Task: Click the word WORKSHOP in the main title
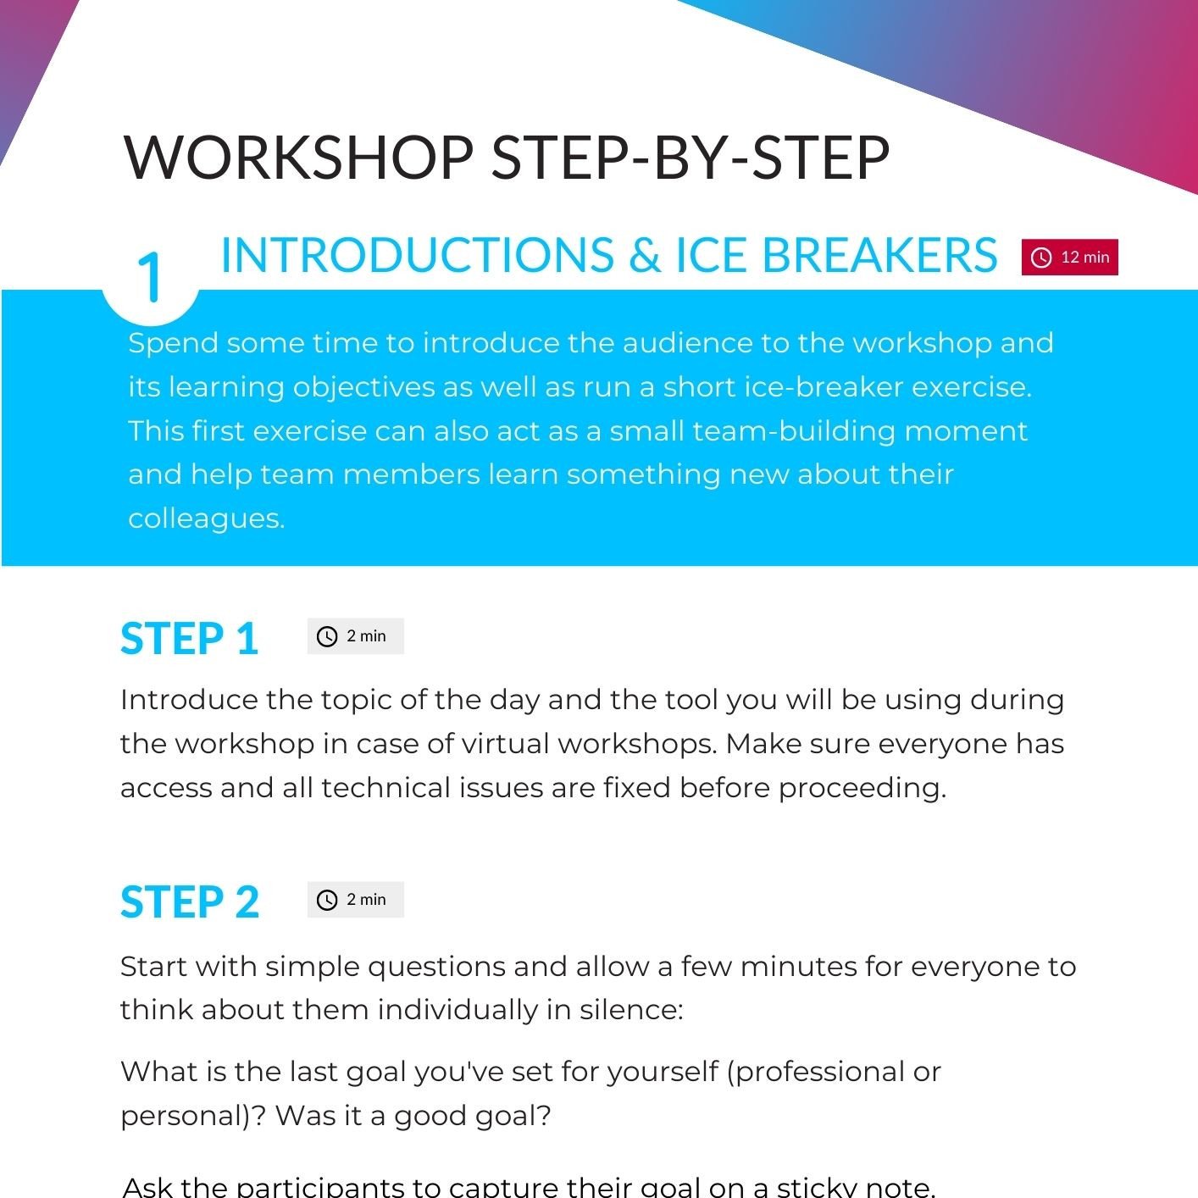pyautogui.click(x=299, y=158)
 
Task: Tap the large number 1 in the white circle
pyautogui.click(x=151, y=277)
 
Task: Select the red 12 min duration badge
pyautogui.click(x=1069, y=257)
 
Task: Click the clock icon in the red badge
pyautogui.click(x=1041, y=258)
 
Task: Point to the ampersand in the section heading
pyautogui.click(x=645, y=255)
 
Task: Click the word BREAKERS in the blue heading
pyautogui.click(x=879, y=255)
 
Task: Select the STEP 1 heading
pyautogui.click(x=189, y=639)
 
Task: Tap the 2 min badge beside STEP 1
pyautogui.click(x=356, y=636)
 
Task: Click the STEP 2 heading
pyautogui.click(x=190, y=902)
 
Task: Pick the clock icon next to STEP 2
pyautogui.click(x=327, y=901)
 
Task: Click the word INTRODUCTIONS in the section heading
pyautogui.click(x=418, y=255)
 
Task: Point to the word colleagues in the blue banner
pyautogui.click(x=207, y=519)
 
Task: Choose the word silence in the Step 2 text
pyautogui.click(x=632, y=1010)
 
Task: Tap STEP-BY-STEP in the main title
pyautogui.click(x=691, y=158)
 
